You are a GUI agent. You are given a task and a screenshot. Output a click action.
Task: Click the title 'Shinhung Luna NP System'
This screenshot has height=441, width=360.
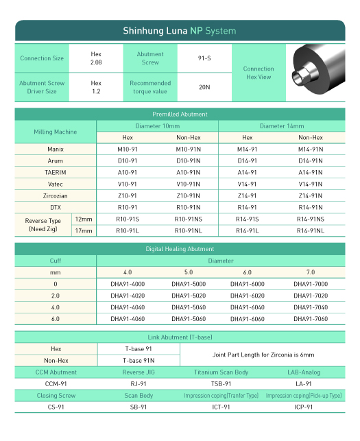[x=179, y=31]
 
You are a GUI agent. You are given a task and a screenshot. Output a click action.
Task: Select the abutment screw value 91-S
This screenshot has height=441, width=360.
[x=204, y=58]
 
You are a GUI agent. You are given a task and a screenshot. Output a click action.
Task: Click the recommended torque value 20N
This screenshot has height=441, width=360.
[x=204, y=87]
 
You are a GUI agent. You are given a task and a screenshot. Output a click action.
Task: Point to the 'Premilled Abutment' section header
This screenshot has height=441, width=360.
[x=180, y=114]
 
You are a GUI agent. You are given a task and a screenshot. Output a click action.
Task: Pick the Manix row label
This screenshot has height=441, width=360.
[x=56, y=149]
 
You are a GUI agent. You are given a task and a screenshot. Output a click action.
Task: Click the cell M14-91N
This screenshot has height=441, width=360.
[x=311, y=149]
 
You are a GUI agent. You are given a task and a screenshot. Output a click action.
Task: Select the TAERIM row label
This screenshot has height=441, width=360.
[x=56, y=172]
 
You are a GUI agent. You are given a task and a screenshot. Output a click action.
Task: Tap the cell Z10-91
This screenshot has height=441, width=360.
[x=128, y=195]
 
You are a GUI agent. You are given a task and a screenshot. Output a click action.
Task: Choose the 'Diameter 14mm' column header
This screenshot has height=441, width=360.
[x=281, y=126]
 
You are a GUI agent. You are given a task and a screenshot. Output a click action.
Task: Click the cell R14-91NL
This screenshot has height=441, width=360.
[x=311, y=231]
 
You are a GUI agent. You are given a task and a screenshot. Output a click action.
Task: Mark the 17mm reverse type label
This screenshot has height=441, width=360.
[x=84, y=231]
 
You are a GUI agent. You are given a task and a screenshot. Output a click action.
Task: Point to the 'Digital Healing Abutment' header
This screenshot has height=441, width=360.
[x=180, y=248]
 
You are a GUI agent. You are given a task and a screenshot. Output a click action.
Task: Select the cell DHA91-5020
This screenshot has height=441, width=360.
[x=188, y=296]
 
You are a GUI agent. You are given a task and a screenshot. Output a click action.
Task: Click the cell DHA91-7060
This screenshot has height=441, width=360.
[x=311, y=319]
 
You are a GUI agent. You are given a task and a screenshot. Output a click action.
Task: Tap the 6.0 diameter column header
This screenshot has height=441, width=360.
[x=247, y=272]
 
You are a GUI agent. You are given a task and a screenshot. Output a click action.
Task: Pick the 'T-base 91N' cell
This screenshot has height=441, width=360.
[x=139, y=360]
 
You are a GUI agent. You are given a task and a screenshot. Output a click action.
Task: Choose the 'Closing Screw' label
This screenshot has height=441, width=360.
[x=56, y=396]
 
